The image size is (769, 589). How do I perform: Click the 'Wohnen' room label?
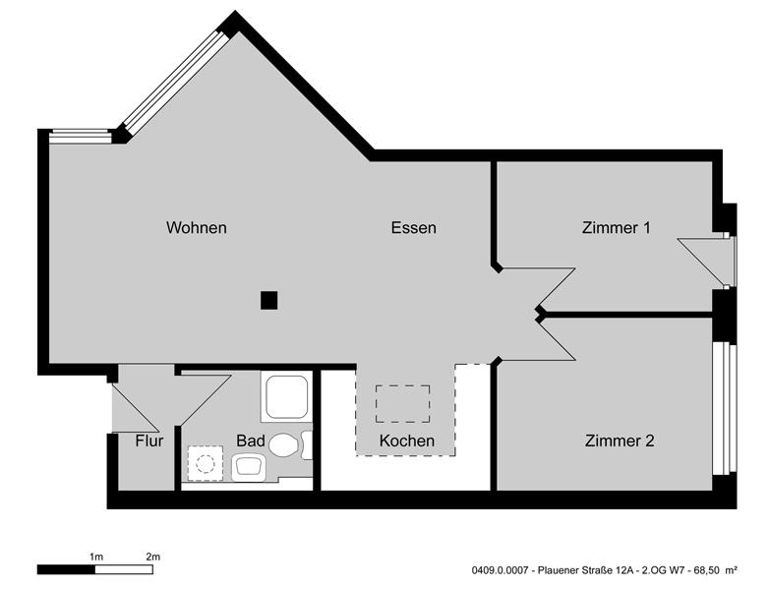[197, 228]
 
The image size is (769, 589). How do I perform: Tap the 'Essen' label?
[413, 228]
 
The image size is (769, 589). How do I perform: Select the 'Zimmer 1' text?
[617, 228]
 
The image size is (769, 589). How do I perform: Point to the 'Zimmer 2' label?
[619, 441]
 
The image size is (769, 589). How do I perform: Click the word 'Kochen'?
[406, 441]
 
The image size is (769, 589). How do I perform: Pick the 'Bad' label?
[251, 441]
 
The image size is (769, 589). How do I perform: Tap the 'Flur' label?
[148, 441]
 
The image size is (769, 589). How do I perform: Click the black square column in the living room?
[269, 300]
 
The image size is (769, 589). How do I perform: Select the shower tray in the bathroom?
[286, 396]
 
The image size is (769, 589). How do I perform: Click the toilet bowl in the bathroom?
[284, 445]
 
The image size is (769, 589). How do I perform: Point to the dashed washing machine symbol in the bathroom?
[206, 461]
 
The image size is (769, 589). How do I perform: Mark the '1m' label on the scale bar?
[95, 558]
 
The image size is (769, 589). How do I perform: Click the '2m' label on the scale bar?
[152, 558]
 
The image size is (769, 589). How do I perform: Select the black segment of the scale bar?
[67, 569]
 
